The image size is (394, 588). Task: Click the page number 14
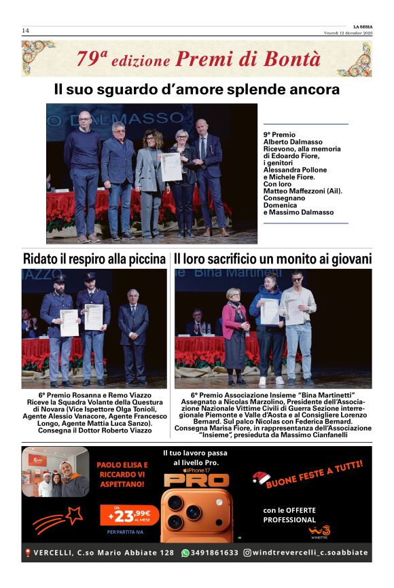pos(25,31)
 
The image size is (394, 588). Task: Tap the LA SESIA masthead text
pos(363,27)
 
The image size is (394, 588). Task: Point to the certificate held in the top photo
pos(171,166)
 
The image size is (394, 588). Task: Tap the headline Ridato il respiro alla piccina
pos(94,259)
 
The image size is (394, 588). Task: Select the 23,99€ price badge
pos(128,514)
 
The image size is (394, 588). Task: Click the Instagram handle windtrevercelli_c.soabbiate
pos(310,553)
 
